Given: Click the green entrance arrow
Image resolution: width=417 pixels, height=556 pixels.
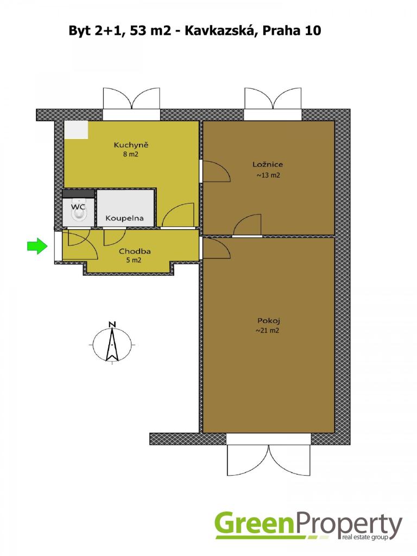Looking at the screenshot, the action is click(x=37, y=245).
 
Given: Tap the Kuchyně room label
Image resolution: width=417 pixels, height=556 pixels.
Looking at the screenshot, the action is click(x=131, y=144).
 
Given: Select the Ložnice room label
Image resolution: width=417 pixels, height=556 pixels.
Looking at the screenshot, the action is click(x=268, y=164).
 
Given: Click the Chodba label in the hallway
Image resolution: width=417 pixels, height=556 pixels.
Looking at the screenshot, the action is click(x=135, y=251).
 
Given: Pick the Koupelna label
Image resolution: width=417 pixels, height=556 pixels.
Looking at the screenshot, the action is click(x=124, y=218).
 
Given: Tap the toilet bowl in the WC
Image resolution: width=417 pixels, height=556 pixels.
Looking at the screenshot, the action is click(x=78, y=214).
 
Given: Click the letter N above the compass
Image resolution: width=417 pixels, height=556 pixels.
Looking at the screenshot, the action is click(x=112, y=324).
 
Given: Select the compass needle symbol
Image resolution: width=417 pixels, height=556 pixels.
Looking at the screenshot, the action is click(x=112, y=344).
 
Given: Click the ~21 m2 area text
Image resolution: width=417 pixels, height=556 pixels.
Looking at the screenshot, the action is click(x=267, y=331).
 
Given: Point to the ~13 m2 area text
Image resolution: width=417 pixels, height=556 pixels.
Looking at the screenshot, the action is click(x=268, y=175).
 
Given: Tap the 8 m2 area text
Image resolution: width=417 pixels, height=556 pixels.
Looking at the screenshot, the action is click(x=130, y=154).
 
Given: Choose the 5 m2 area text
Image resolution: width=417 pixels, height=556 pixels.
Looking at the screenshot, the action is click(x=134, y=260).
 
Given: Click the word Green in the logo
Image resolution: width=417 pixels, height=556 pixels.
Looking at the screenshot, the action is click(x=254, y=525).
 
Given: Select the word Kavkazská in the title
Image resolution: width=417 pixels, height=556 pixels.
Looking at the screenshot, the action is click(x=222, y=31).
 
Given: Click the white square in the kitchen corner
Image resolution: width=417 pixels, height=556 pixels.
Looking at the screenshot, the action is click(x=76, y=130).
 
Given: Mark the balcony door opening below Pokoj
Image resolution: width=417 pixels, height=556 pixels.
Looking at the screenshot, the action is click(x=269, y=439).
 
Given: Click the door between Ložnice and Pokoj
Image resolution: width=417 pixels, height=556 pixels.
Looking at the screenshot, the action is click(x=247, y=236).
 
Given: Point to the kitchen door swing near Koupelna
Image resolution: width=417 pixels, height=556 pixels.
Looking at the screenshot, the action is click(x=178, y=215).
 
